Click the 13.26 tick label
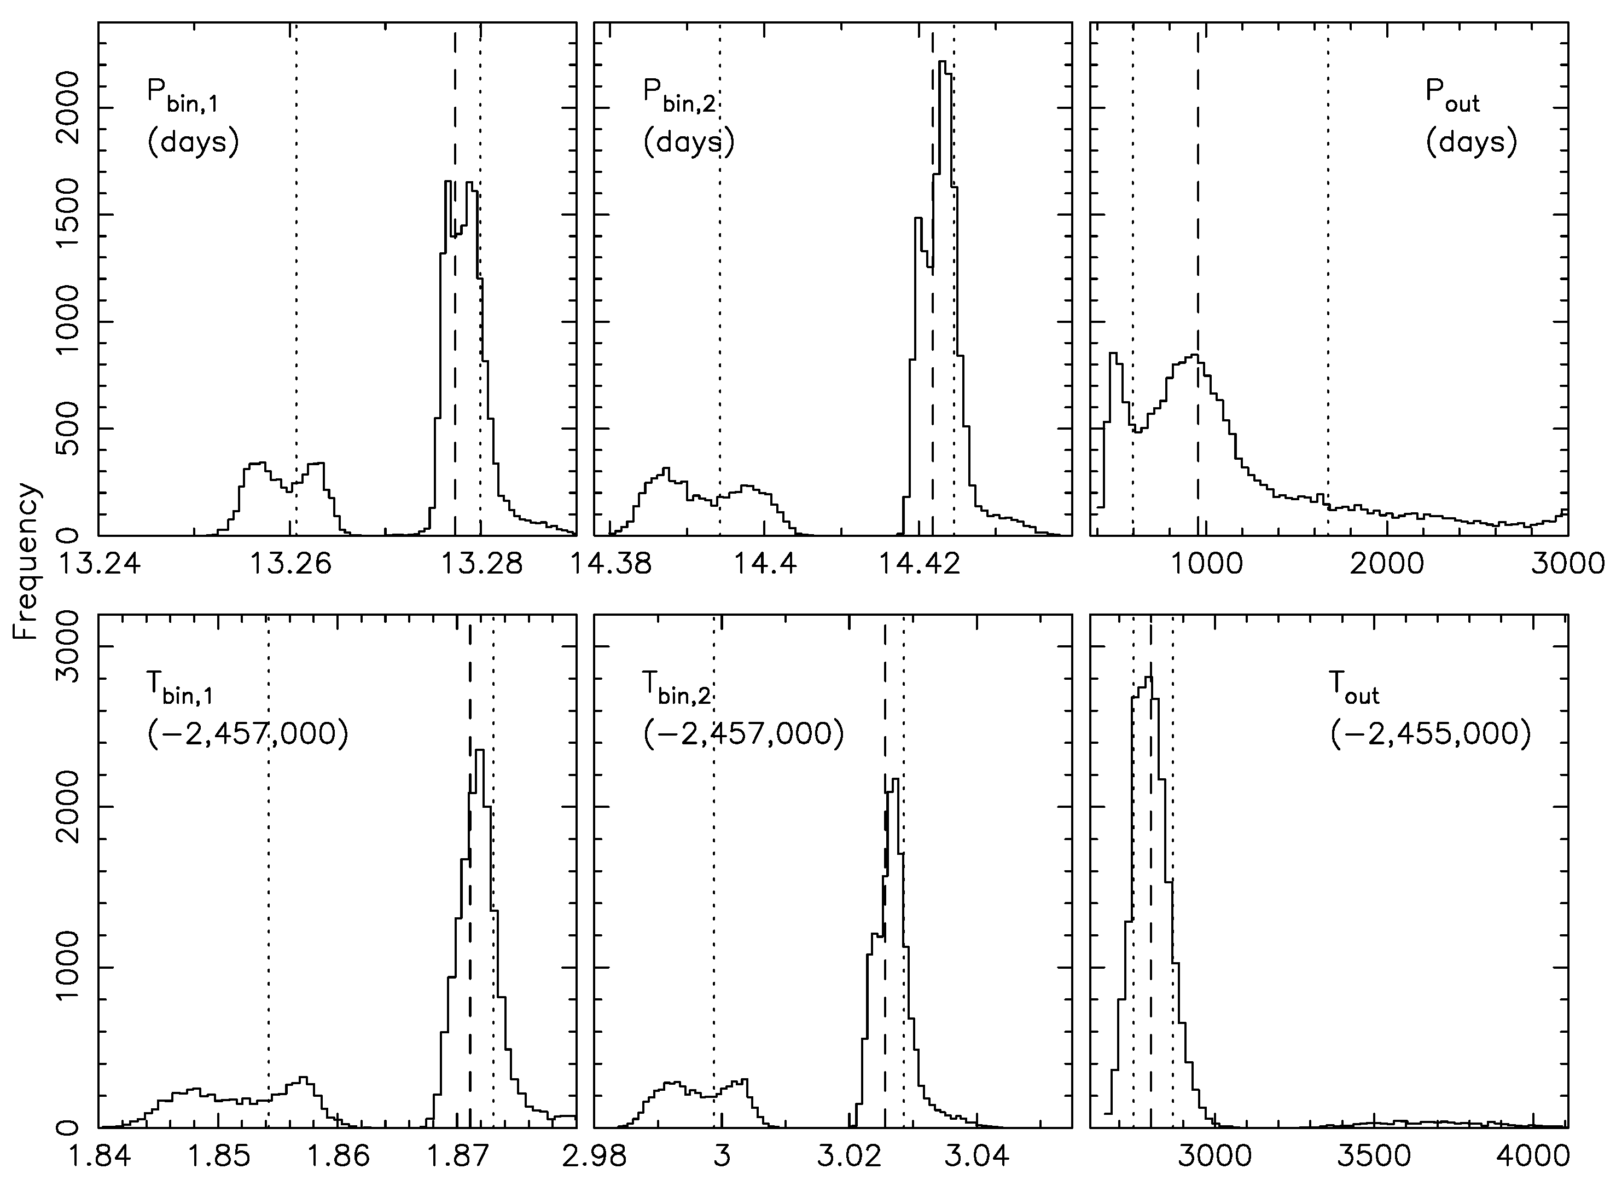(290, 564)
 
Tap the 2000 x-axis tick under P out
(1386, 564)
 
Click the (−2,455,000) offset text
(1430, 734)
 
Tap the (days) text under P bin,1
(193, 142)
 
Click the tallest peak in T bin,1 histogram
(479, 751)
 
